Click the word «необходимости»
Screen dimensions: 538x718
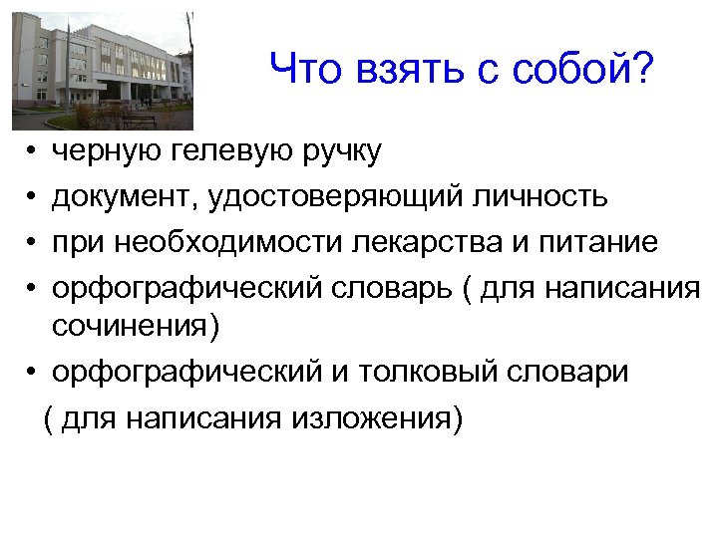pos(208,241)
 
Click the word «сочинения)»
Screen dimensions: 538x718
pos(134,323)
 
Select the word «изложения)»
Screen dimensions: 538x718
pos(378,418)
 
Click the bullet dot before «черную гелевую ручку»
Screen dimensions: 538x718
pos(33,153)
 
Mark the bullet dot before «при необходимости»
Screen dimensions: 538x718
pos(33,243)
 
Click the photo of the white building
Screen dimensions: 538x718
pos(102,71)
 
